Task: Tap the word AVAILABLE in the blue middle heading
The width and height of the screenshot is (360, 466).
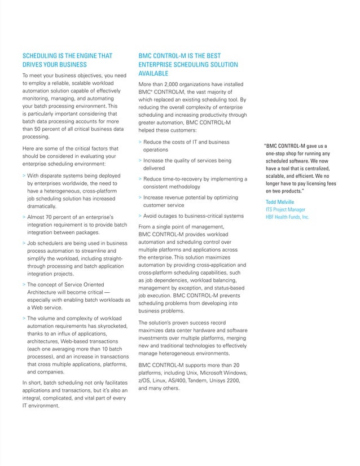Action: (155, 74)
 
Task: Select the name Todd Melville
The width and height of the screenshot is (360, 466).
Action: (279, 202)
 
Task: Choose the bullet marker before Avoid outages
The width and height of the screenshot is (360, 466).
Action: (140, 216)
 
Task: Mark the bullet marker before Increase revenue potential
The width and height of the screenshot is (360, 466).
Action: (140, 197)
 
